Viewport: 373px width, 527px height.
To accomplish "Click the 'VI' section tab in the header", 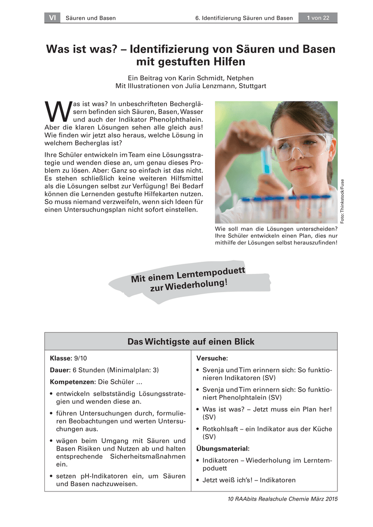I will click(52, 18).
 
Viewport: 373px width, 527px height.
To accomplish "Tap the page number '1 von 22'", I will click(318, 18).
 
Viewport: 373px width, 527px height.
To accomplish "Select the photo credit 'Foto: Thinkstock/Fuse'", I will click(342, 200).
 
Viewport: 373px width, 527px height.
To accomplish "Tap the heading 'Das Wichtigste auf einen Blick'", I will click(190, 341).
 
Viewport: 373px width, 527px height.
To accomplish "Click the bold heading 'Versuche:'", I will click(212, 358).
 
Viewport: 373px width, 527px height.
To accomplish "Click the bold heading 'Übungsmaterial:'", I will click(223, 448).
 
